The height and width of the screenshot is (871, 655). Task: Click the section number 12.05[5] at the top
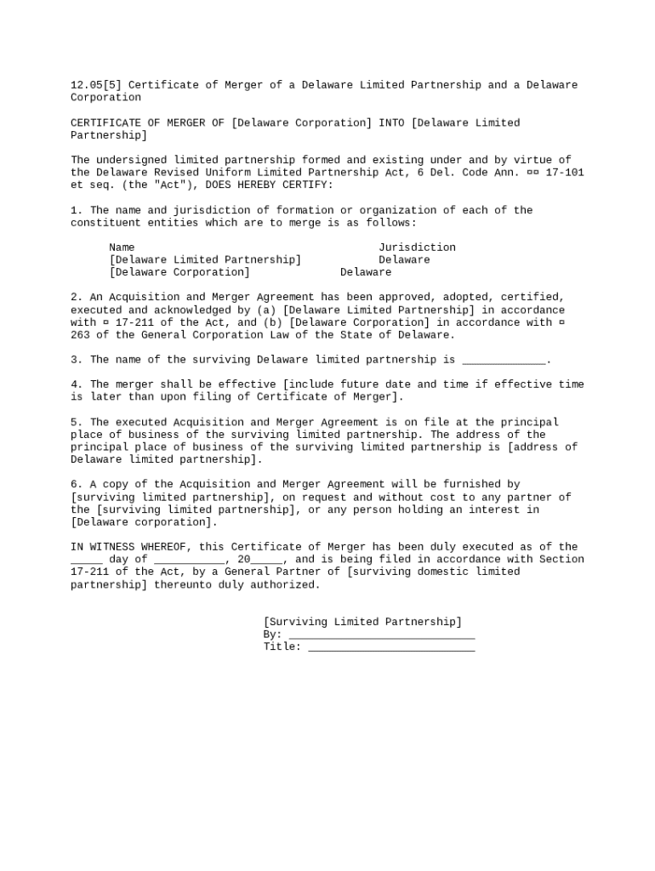(96, 85)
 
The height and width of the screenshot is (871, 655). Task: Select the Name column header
(122, 248)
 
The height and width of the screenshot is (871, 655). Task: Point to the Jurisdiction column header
(417, 248)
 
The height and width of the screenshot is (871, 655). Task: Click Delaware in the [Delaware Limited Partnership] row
(404, 259)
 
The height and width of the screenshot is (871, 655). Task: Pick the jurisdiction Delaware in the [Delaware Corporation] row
(366, 272)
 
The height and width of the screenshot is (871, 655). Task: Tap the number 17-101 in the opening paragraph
(565, 173)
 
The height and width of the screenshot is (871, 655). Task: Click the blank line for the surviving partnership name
(504, 361)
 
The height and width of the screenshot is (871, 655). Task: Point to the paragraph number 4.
(74, 384)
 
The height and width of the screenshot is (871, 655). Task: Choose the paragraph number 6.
(74, 484)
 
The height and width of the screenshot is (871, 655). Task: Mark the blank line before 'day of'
(86, 561)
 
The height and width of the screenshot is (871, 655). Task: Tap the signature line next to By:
(382, 635)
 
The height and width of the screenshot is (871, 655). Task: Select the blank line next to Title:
(391, 648)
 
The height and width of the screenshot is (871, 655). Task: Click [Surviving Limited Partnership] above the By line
(362, 622)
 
